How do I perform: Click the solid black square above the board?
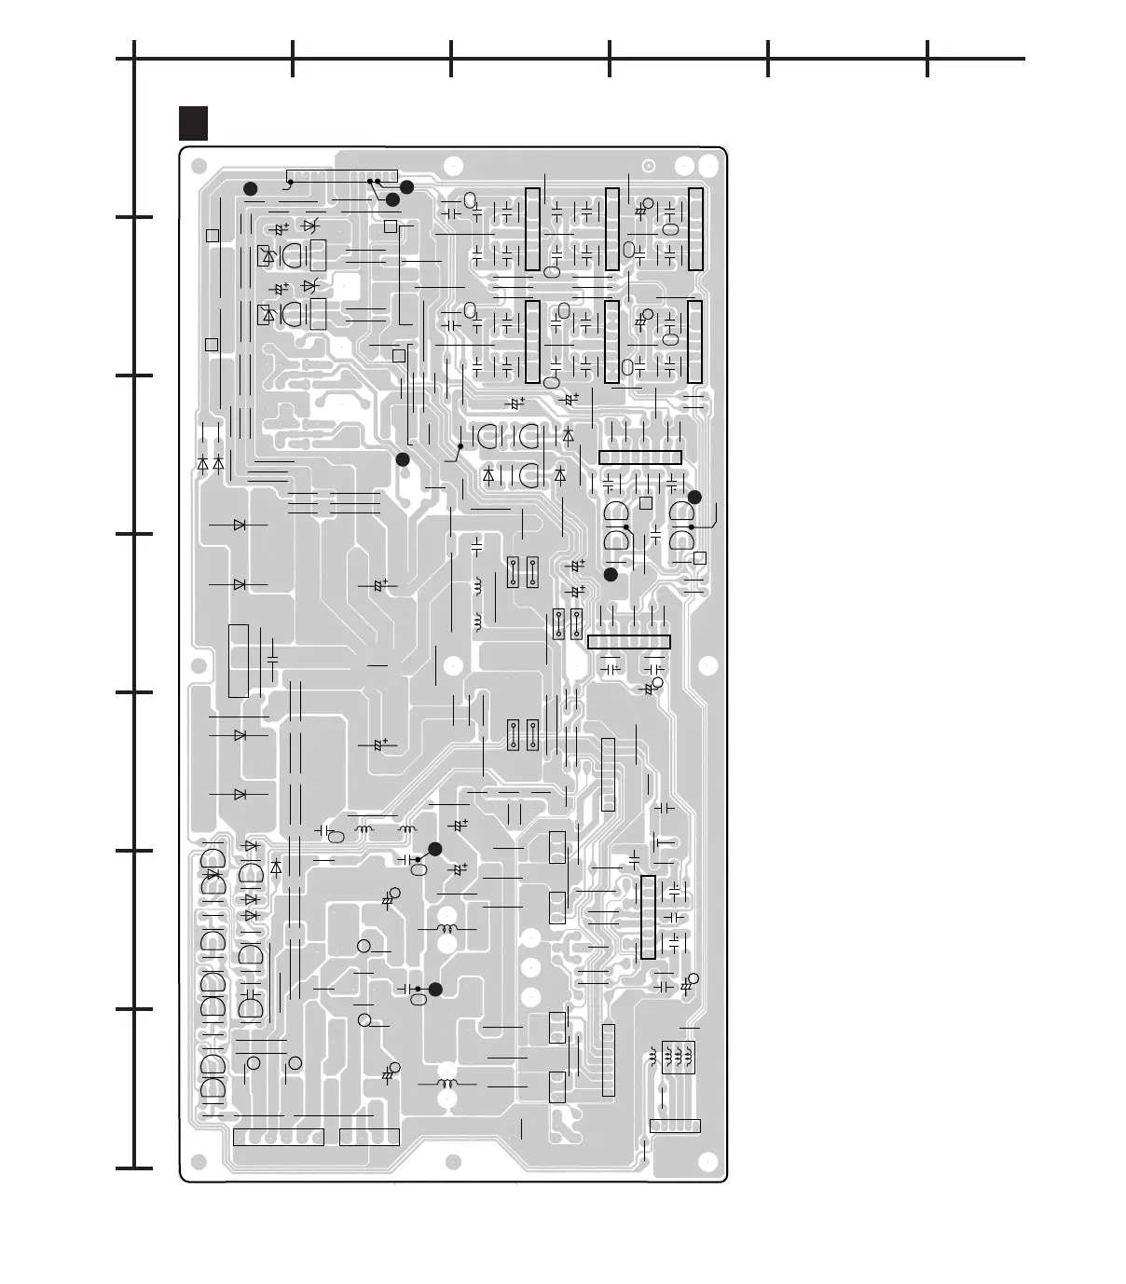pos(193,122)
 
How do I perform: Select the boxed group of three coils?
pos(679,1057)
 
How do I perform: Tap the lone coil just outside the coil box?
pos(652,1057)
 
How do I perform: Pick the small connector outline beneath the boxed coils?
pos(674,1126)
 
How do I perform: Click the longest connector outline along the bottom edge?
pos(278,1137)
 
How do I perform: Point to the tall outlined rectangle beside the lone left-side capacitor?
pos(238,661)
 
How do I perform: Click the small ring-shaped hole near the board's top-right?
pos(649,166)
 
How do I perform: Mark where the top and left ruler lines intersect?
pos(134,59)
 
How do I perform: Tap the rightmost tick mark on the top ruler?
pos(927,59)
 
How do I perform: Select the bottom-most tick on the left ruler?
pos(134,1168)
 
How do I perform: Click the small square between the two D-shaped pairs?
pos(645,503)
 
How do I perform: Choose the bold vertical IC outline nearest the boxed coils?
pos(648,918)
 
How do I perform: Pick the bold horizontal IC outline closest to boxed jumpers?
pos(629,642)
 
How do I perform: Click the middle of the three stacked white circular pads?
pos(531,967)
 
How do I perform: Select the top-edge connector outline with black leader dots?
pos(342,176)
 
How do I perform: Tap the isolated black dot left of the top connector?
pos(250,189)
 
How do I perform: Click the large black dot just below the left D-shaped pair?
pos(611,575)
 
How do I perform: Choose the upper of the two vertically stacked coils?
pos(480,586)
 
